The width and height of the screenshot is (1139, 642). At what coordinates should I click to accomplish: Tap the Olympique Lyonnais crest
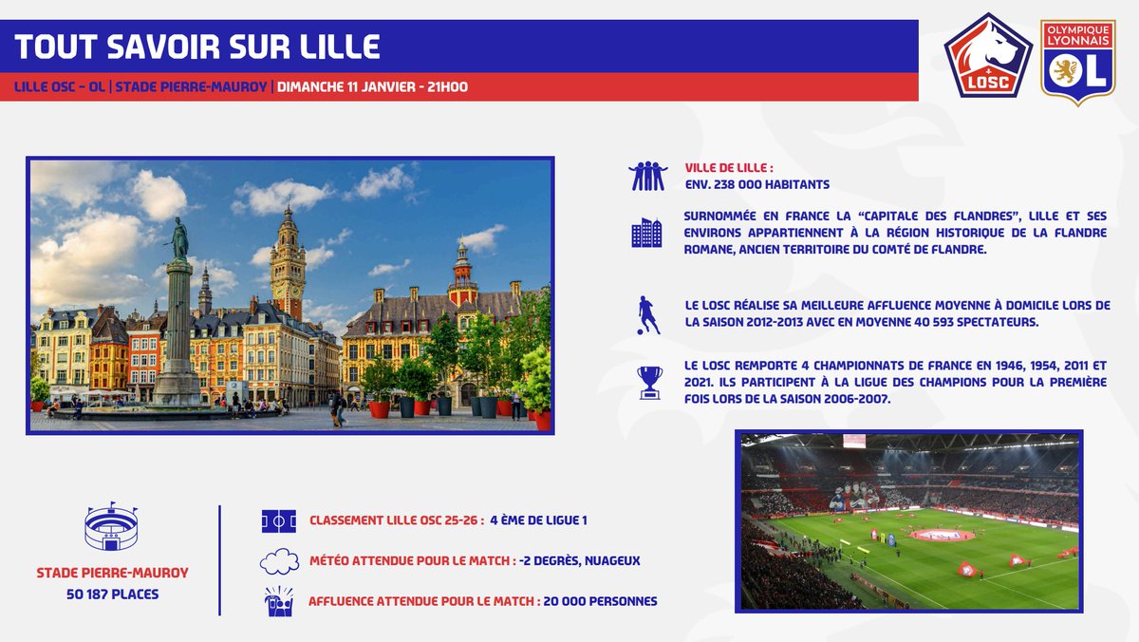click(1077, 61)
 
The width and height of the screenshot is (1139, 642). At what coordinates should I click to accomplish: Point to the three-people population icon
click(647, 176)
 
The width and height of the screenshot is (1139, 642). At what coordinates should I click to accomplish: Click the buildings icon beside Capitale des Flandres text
click(646, 233)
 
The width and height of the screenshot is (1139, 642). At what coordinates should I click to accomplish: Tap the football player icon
click(648, 315)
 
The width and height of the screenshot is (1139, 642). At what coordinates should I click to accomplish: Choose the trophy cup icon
click(649, 381)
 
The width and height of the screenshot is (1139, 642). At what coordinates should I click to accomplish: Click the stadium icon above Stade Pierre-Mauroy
click(111, 527)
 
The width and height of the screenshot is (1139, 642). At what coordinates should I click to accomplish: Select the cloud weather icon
click(279, 561)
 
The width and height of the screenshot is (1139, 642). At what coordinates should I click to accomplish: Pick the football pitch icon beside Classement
click(279, 520)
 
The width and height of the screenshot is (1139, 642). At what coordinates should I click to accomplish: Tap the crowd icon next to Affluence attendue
click(279, 601)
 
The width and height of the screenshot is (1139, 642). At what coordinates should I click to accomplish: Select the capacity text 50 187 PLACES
click(112, 595)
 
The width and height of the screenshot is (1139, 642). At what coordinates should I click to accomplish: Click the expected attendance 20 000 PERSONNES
click(600, 601)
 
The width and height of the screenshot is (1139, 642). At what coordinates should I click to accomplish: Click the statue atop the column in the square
click(178, 237)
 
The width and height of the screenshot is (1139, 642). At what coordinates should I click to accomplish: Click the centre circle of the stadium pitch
click(942, 536)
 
